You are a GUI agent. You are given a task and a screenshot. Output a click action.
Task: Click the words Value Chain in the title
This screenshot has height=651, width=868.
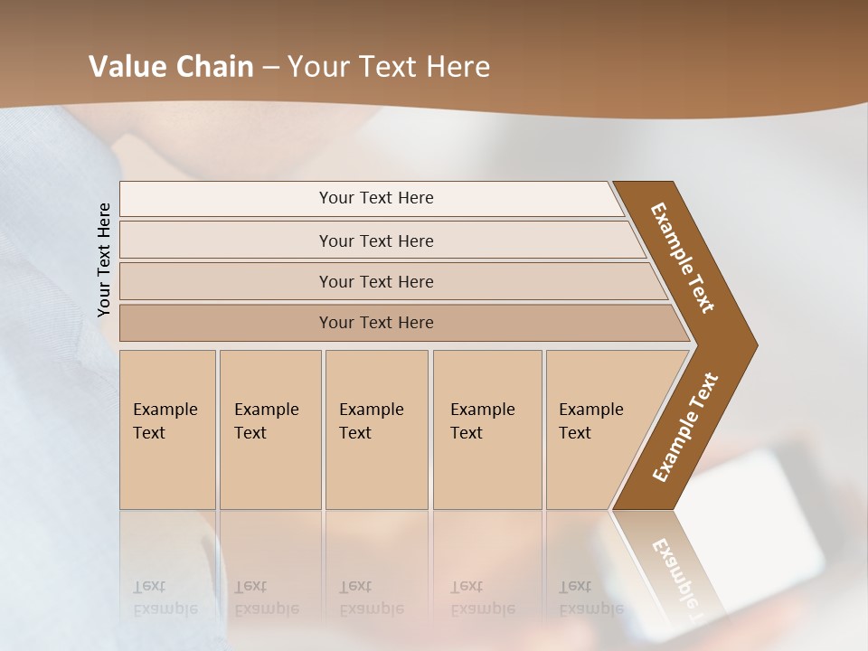171,66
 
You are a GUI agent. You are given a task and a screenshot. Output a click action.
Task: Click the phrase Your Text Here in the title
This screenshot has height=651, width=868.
389,66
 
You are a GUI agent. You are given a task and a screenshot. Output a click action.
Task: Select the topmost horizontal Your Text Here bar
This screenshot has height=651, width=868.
376,198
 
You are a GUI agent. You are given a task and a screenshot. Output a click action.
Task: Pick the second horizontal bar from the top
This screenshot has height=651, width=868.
376,241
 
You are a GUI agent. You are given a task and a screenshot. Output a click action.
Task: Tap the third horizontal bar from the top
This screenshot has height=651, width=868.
376,281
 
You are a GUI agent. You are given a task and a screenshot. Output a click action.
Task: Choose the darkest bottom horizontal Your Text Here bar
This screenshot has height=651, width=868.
376,323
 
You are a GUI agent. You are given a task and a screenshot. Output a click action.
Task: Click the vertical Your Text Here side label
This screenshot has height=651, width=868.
104,259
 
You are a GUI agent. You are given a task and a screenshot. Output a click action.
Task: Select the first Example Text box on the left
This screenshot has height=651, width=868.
167,429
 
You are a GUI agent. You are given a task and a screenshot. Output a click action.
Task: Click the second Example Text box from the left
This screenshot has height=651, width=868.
269,429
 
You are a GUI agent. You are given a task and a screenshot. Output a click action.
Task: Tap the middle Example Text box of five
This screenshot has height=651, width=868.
375,429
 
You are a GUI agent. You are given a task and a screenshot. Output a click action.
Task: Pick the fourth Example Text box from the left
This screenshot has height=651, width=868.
486,429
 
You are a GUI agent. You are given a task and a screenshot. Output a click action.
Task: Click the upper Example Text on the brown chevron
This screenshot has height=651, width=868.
683,257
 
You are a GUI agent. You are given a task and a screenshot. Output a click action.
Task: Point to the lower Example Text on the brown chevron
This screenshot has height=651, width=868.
685,428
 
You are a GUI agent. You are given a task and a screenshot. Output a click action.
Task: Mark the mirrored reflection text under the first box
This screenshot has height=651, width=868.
165,598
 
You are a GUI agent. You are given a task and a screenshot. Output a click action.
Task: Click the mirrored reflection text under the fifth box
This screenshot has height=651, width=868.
591,598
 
